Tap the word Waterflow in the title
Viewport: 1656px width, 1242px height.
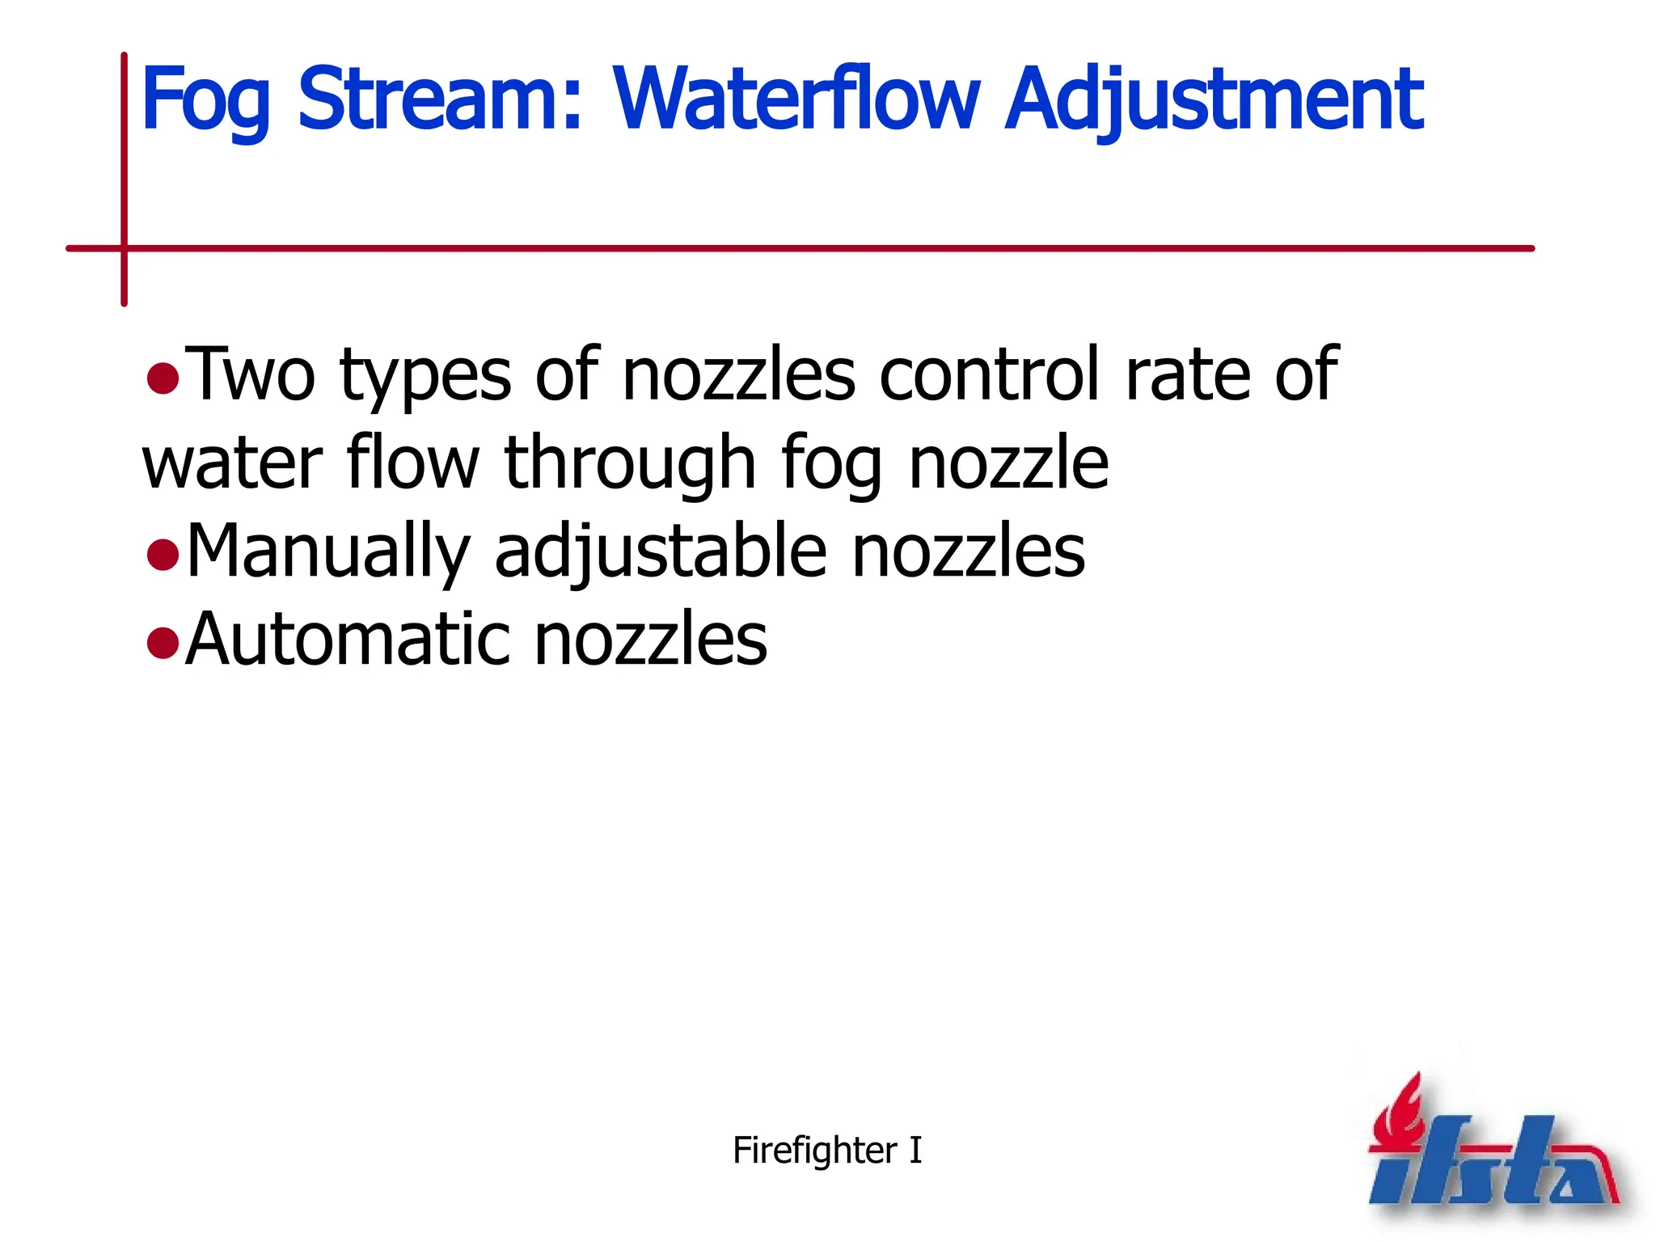796,99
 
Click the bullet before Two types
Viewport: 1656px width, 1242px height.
163,378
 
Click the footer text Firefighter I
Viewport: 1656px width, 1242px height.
826,1150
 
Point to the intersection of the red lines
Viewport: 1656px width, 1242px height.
125,248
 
